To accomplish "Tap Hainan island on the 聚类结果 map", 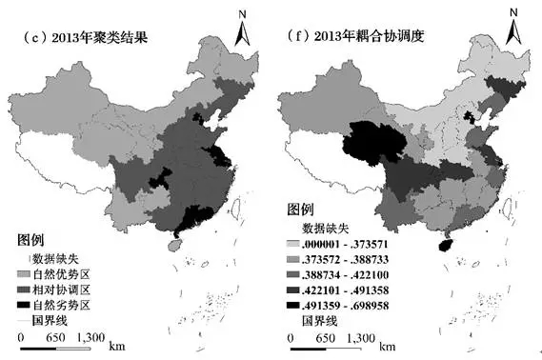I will [172, 245].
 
